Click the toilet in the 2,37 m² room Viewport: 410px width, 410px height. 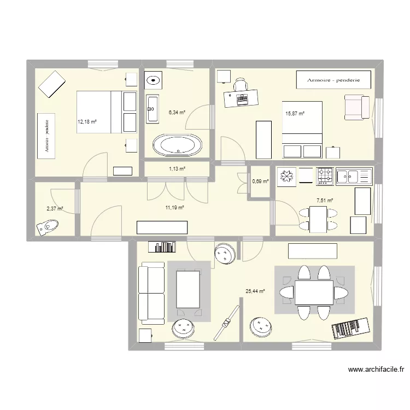coord(48,227)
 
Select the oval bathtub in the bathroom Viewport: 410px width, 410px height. coord(177,145)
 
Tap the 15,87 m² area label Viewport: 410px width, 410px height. coord(295,114)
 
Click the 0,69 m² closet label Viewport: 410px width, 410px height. coord(260,181)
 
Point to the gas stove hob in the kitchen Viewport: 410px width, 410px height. coord(325,177)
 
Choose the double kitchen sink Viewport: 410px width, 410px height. coord(354,177)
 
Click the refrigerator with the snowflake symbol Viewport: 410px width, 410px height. coord(286,177)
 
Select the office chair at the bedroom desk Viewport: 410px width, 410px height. coord(241,84)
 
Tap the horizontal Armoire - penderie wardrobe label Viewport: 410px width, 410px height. coord(333,80)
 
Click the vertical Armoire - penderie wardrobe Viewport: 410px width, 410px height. coord(46,136)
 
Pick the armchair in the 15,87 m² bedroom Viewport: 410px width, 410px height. coord(357,107)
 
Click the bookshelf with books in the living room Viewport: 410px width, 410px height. coord(162,247)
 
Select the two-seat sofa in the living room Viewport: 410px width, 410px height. coord(151,293)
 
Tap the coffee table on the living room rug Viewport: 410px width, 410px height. coord(188,289)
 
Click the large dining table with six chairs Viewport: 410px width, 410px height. coord(314,292)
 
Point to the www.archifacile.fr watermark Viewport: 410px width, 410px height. coord(376,369)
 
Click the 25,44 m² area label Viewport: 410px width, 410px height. coord(255,291)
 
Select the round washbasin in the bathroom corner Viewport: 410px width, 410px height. coord(153,80)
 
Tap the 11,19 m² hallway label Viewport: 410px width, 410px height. coord(175,208)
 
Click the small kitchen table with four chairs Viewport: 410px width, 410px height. coord(318,219)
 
